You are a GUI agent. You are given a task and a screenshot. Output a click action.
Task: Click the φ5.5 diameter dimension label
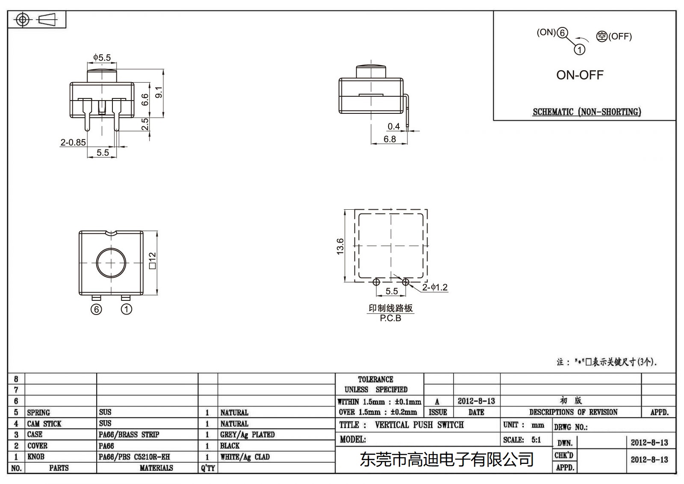coord(102,57)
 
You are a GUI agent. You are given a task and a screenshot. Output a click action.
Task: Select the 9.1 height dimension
coord(159,92)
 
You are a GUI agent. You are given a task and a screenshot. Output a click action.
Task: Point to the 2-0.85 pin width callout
coord(73,143)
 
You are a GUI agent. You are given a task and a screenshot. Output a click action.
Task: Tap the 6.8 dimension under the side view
coord(389,139)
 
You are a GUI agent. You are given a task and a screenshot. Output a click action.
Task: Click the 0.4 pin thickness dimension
coord(393,126)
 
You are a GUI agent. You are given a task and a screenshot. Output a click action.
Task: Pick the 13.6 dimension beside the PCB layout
coord(340,246)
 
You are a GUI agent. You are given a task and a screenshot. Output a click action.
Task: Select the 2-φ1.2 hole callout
coord(435,287)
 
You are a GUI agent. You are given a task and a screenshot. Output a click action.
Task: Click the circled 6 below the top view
coord(97,309)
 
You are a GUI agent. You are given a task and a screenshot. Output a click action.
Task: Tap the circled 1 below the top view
coord(127,309)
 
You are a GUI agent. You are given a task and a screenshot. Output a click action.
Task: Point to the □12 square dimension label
coord(153,261)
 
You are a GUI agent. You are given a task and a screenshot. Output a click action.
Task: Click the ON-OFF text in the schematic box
coord(580,75)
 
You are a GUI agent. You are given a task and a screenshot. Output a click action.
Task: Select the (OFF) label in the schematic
coord(620,36)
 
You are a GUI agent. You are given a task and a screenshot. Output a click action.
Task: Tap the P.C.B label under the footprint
coord(390,318)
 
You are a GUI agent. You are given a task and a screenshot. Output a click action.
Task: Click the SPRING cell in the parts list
coord(38,413)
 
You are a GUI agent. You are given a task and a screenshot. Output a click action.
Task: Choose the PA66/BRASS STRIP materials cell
coord(129,435)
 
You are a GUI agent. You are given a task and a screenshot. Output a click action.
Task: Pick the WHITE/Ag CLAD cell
coord(245,457)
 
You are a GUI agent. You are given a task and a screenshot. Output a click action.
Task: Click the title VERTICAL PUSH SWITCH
coord(419,425)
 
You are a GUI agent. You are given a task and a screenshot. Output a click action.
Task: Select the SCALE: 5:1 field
coord(522,440)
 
